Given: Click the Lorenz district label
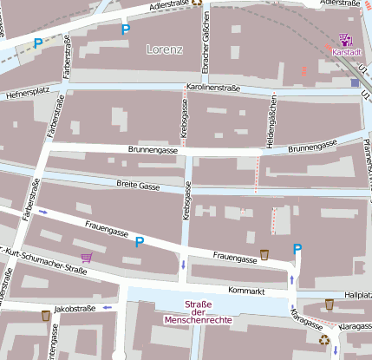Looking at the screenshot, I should tap(165, 49).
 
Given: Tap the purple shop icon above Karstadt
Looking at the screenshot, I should tap(346, 39).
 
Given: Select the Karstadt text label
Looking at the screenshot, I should tap(347, 52).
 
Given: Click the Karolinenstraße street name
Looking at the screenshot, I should tap(212, 88).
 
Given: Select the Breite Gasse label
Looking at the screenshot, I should tap(138, 185).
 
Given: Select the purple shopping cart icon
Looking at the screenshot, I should tap(86, 258).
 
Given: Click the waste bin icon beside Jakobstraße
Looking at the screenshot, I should tap(45, 316).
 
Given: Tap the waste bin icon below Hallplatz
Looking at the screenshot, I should tap(330, 304).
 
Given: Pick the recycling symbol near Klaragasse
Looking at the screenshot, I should tap(324, 340).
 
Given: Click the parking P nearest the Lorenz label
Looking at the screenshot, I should tap(125, 29).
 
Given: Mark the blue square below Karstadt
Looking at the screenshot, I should tap(355, 83).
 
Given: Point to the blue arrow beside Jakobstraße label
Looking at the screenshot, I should tap(108, 307).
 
